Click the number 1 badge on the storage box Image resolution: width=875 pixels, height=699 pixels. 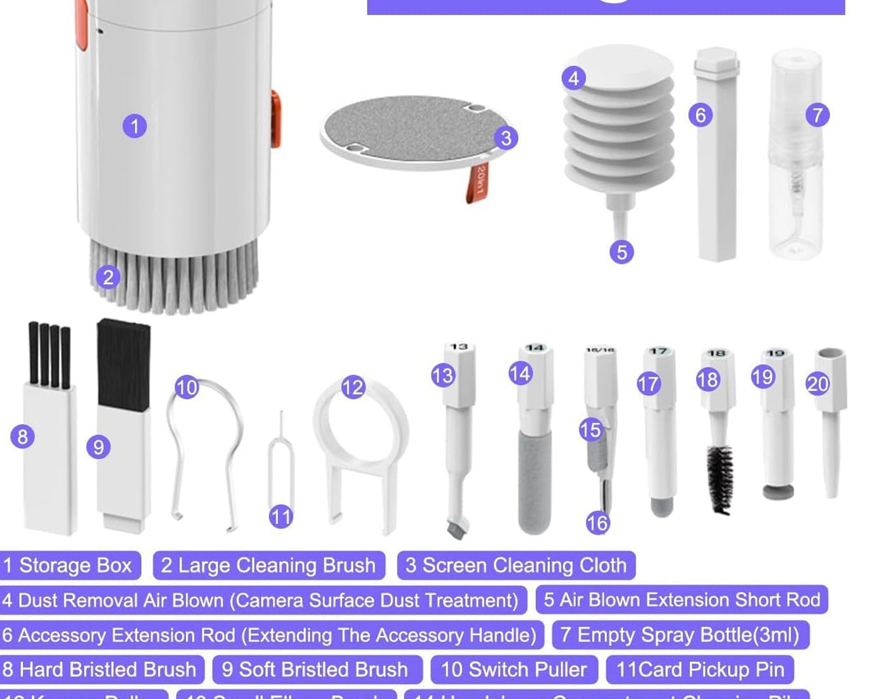[x=134, y=126]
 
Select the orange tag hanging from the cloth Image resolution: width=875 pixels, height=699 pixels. [x=478, y=183]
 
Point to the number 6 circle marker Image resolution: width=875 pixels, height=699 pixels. [x=700, y=115]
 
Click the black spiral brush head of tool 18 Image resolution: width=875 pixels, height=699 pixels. [x=719, y=477]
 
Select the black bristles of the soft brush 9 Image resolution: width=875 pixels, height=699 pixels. [x=124, y=365]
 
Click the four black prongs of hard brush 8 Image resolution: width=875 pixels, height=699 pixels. [x=49, y=354]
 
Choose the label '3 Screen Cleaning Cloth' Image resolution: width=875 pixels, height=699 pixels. [x=516, y=565]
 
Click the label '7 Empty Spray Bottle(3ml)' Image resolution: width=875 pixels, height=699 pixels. [x=680, y=635]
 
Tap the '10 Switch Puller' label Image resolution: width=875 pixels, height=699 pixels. [x=514, y=669]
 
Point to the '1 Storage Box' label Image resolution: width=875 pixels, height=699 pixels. [x=69, y=565]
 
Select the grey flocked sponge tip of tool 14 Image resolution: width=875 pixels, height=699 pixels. [x=535, y=480]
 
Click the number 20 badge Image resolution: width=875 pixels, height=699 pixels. [x=817, y=384]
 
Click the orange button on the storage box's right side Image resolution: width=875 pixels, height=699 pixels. [x=276, y=119]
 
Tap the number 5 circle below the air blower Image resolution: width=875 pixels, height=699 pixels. [x=621, y=252]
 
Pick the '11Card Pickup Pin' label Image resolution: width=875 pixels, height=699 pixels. [x=700, y=669]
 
